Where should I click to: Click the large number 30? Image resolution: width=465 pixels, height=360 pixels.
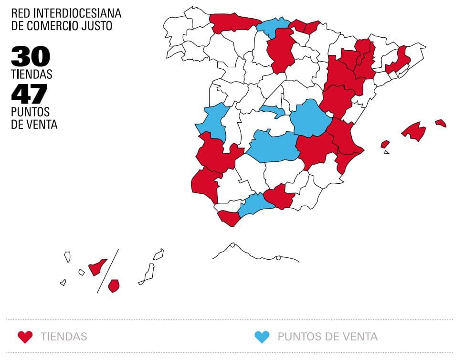[x=31, y=57]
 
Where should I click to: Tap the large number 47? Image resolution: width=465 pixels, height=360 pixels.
[x=30, y=93]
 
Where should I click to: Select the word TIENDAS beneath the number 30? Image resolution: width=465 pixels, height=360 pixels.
[x=32, y=74]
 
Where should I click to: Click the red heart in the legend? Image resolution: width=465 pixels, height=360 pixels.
[x=25, y=337]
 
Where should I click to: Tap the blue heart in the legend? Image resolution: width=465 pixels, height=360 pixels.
[x=262, y=337]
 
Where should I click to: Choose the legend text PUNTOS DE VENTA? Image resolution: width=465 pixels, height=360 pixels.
[x=328, y=337]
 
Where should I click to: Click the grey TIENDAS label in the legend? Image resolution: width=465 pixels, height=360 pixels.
[x=64, y=337]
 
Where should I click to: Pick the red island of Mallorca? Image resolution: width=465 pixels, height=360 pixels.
[x=414, y=131]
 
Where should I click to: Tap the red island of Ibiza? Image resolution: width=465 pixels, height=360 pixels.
[x=385, y=144]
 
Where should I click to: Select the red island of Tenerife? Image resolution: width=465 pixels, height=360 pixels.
[x=98, y=267]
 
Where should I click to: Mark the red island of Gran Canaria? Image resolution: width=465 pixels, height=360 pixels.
[x=114, y=286]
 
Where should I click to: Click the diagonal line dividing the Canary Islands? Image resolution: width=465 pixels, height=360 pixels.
[x=108, y=271]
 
